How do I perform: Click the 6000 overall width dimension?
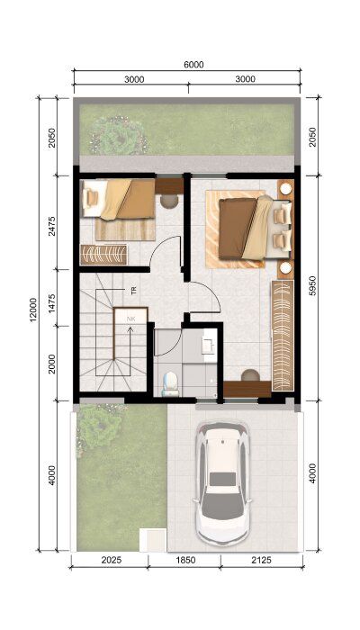point(194,65)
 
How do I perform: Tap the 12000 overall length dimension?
point(33,310)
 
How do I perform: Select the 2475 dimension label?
point(52,226)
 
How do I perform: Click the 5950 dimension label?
point(313,286)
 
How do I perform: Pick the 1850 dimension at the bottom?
point(185,560)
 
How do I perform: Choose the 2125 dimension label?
point(262,560)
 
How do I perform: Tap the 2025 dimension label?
point(112,560)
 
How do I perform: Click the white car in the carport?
point(222,483)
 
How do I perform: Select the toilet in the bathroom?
point(170,383)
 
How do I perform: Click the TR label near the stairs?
point(134,291)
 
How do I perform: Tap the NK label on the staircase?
point(130,319)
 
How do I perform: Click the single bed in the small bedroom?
point(119,199)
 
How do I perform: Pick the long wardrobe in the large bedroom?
point(283,336)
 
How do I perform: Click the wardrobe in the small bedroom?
point(103,255)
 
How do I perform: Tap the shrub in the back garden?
point(119,135)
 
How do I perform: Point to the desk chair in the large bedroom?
point(250,375)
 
